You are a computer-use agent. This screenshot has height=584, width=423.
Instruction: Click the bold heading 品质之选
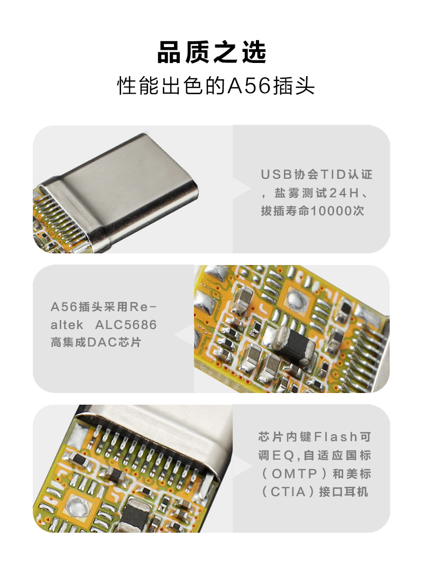click(x=212, y=52)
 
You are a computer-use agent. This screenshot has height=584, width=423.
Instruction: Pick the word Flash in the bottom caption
click(x=336, y=437)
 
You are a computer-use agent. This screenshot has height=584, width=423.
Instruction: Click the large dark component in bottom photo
click(x=134, y=516)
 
